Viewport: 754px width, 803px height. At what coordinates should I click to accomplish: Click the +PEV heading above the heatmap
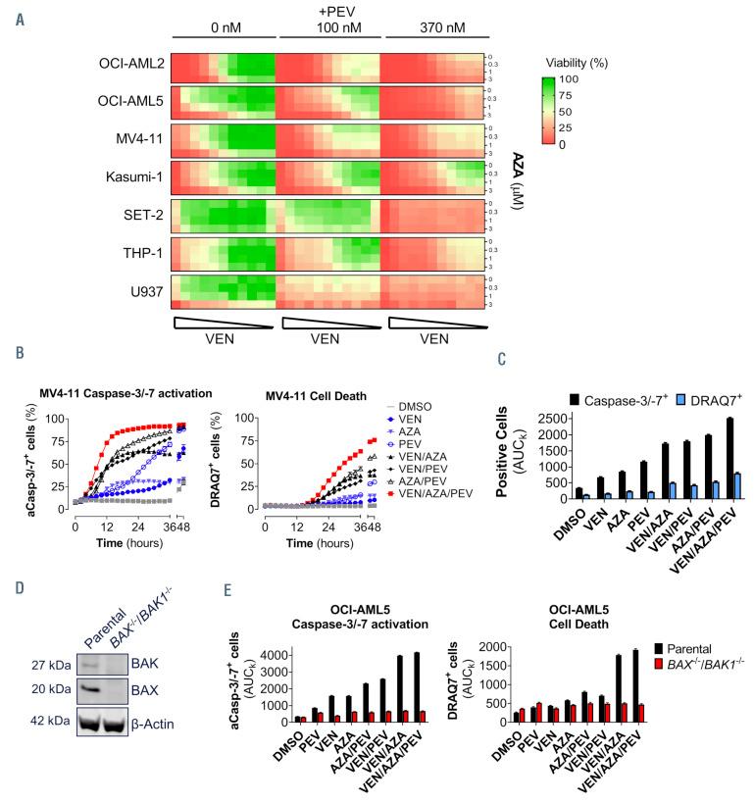(x=326, y=12)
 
